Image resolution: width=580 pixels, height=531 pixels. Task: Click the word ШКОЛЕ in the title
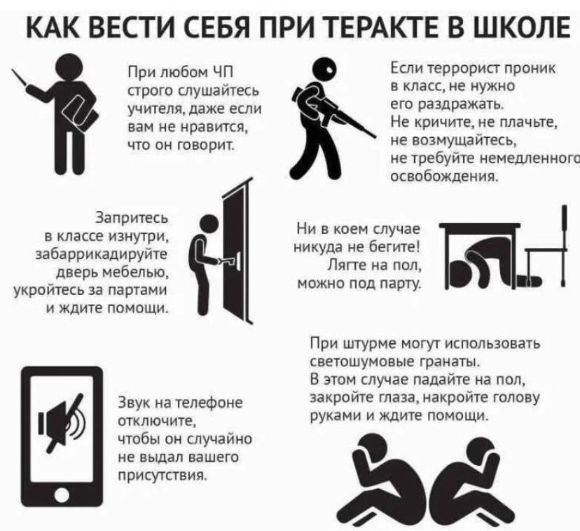pyautogui.click(x=521, y=27)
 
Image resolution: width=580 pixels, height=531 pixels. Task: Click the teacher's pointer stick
pyautogui.click(x=20, y=77)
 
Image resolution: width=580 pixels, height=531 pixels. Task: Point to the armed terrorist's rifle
pyautogui.click(x=333, y=111)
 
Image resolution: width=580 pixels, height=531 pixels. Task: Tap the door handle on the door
pyautogui.click(x=228, y=261)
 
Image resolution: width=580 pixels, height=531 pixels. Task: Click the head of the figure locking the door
pyautogui.click(x=211, y=225)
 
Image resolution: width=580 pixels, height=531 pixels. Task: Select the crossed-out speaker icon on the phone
pyautogui.click(x=61, y=422)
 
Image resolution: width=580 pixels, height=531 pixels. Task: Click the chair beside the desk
pyautogui.click(x=546, y=247)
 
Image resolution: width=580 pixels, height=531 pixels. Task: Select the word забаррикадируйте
pyautogui.click(x=102, y=255)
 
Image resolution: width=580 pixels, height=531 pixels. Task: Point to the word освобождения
pyautogui.click(x=444, y=176)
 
